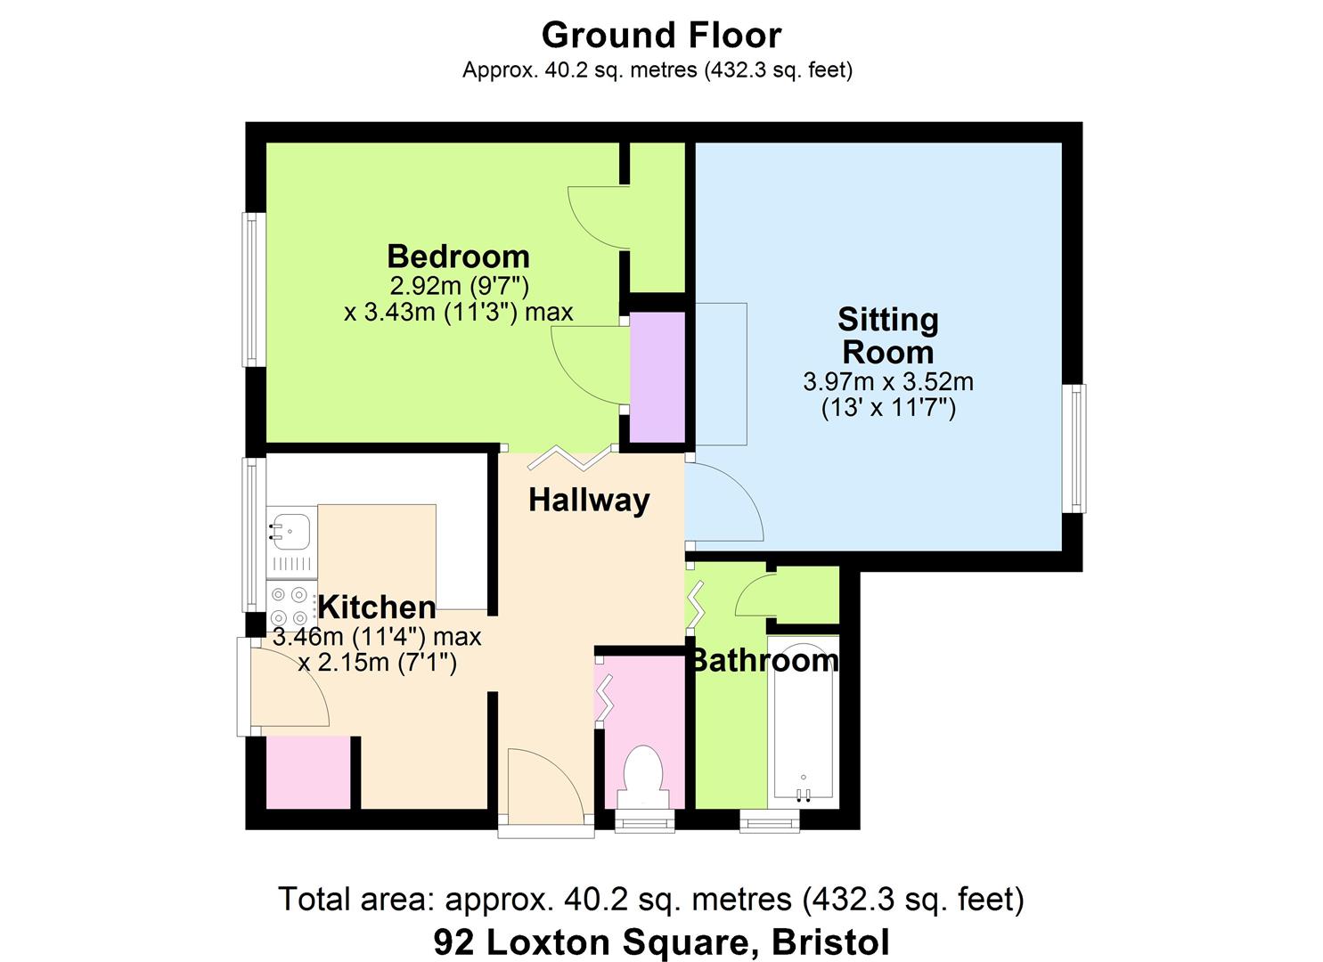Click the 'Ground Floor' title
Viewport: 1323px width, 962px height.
click(661, 36)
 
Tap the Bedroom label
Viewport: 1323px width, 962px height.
click(458, 257)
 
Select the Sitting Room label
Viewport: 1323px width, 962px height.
click(887, 335)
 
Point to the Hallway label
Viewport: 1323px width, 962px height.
click(589, 500)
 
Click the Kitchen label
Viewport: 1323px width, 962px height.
click(377, 607)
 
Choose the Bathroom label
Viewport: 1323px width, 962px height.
click(764, 660)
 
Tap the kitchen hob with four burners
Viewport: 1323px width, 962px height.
click(290, 606)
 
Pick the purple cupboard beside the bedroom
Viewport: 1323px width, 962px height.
click(657, 377)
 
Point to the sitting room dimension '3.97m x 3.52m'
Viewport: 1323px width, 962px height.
click(887, 382)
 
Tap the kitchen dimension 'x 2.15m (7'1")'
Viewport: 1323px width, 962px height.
click(377, 663)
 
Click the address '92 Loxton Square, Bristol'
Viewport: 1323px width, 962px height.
click(661, 941)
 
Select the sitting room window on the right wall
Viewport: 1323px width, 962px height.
click(1077, 448)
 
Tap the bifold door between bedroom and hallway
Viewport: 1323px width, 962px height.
click(571, 457)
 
